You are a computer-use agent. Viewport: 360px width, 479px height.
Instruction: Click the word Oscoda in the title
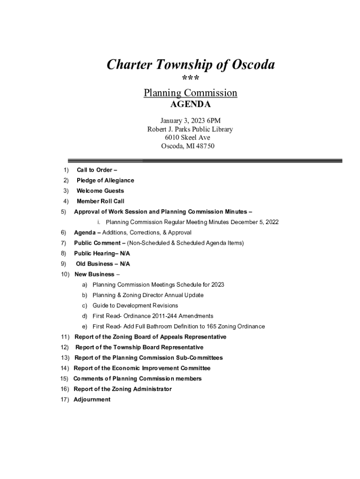coord(252,65)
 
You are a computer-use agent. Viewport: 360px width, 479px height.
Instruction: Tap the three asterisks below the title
coord(190,79)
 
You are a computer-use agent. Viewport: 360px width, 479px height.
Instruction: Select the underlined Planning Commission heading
coord(190,93)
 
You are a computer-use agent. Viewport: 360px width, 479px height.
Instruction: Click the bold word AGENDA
coord(190,104)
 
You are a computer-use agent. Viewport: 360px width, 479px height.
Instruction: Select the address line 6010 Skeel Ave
coord(187,138)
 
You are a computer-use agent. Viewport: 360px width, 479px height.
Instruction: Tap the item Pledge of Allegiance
coord(105,181)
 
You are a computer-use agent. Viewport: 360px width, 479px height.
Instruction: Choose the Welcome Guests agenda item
coord(100,191)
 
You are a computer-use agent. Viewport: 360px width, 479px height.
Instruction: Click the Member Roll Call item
coord(100,202)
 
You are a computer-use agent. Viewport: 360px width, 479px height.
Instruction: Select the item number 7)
coord(64,243)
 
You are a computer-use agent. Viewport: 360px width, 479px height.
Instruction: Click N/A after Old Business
coord(125,264)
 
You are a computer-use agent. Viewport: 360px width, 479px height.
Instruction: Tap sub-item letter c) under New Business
coord(85,305)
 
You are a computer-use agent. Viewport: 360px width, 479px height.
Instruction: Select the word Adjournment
coord(92,399)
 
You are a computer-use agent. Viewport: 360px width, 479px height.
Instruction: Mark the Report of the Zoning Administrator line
coord(122,389)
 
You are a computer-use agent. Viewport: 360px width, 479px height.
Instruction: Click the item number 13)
coord(65,358)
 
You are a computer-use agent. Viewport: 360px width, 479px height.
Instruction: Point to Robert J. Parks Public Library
coord(190,129)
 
